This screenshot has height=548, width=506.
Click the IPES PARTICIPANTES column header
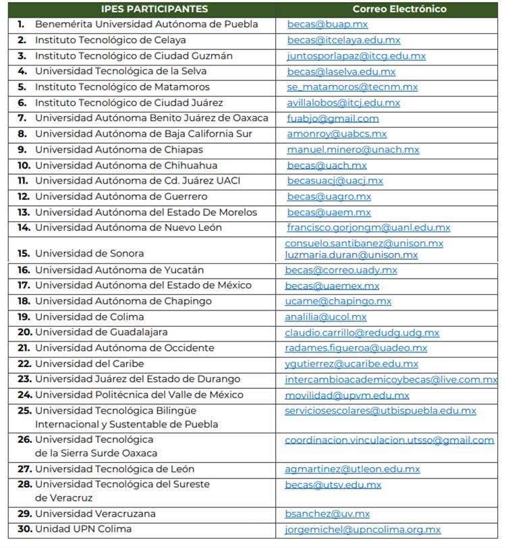point(154,9)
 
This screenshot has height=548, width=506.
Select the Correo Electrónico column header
point(399,9)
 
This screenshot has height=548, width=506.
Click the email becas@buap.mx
point(327,24)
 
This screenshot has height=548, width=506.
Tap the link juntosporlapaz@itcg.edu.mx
point(356,56)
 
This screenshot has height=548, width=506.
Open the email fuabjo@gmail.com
point(333,119)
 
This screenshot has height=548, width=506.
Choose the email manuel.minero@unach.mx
point(353,150)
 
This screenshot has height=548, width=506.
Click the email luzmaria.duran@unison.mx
point(351,255)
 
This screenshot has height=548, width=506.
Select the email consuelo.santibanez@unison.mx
point(364,244)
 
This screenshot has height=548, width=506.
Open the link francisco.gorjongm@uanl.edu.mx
point(368,228)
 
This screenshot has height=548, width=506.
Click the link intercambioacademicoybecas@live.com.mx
point(391,380)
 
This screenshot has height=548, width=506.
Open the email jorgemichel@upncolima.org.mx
point(362,530)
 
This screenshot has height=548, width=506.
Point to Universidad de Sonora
point(89,254)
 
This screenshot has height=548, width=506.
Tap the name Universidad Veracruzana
point(95,514)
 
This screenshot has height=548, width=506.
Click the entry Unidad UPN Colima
point(83,529)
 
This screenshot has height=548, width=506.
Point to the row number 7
point(22,119)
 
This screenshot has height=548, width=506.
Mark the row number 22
point(24,364)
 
